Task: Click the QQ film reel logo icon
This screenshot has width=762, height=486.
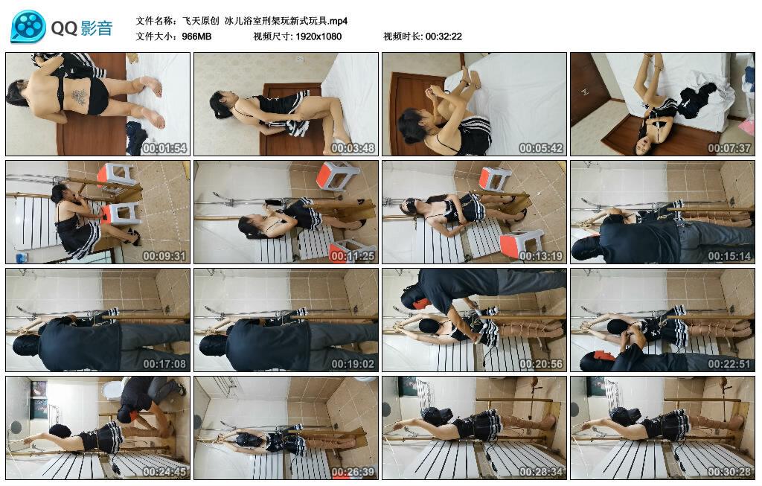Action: coord(28,26)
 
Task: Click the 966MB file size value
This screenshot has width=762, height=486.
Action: coord(196,36)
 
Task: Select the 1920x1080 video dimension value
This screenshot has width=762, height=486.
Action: coord(318,36)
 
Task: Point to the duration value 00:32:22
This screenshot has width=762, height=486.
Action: coord(444,36)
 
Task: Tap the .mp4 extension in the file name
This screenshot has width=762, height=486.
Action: coord(339,21)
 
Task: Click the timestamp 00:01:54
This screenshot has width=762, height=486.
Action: coord(164,148)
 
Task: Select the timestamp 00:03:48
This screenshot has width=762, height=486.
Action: coord(353,148)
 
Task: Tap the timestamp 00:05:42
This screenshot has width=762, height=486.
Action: coord(541,148)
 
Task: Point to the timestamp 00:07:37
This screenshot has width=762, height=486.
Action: coord(729,148)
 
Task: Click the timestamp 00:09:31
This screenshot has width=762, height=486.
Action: coord(164,255)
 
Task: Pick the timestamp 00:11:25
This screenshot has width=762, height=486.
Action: coord(353,255)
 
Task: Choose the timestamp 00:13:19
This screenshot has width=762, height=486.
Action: coord(541,255)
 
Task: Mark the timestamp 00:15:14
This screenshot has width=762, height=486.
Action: coord(729,255)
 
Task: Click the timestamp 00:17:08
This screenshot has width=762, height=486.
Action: coord(164,363)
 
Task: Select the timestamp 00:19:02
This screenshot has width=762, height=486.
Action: coord(353,363)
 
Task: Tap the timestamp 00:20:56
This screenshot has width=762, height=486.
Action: coord(541,363)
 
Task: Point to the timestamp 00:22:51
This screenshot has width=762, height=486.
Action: coord(729,363)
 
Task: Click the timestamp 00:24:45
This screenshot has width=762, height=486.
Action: coord(164,471)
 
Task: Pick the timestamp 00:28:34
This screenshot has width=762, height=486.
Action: coord(541,471)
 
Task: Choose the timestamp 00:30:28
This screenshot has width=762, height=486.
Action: coord(729,471)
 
